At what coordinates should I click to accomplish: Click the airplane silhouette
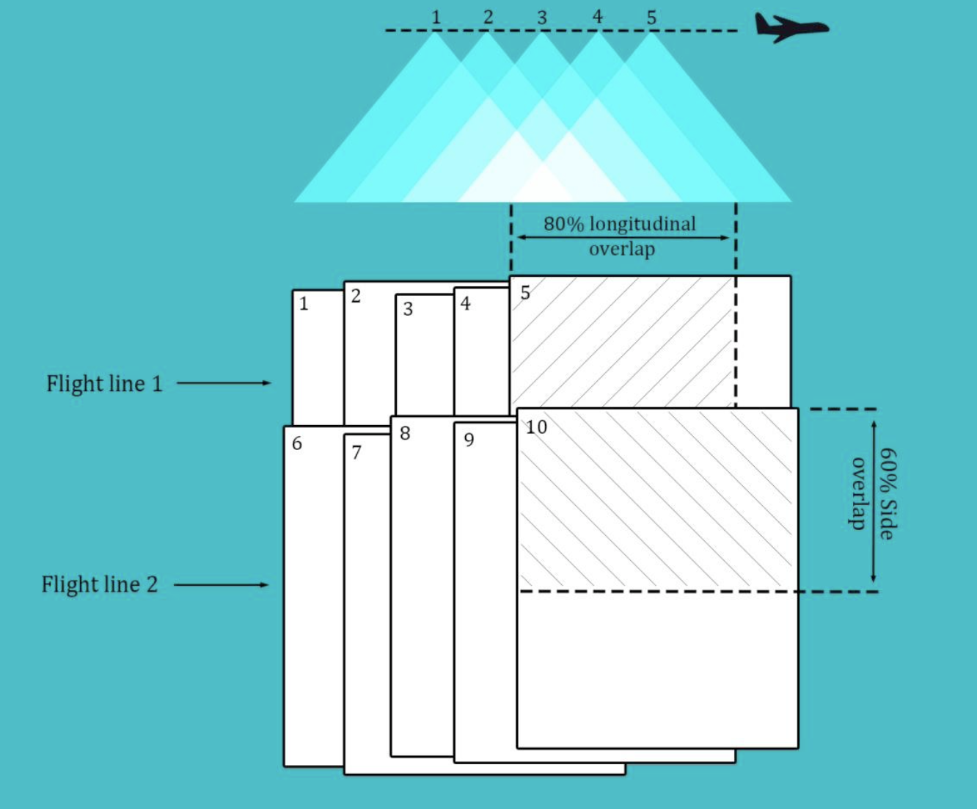[x=791, y=27]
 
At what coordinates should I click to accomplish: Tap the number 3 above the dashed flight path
[x=542, y=18]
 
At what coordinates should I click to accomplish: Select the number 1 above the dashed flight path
[x=436, y=18]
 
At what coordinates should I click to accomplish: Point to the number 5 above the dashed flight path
[x=651, y=18]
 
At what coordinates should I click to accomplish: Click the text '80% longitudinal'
[x=620, y=223]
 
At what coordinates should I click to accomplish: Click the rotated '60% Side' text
[x=888, y=494]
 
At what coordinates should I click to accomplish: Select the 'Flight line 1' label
[x=104, y=383]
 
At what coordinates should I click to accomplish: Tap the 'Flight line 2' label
[x=100, y=584]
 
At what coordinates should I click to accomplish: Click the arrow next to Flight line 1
[x=224, y=382]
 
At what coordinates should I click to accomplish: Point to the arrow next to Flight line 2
[x=221, y=584]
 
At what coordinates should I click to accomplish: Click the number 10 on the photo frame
[x=536, y=427]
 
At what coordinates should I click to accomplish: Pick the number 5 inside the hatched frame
[x=525, y=293]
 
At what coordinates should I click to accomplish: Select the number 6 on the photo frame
[x=296, y=443]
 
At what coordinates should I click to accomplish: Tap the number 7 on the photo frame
[x=356, y=452]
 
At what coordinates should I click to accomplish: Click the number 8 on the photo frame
[x=405, y=433]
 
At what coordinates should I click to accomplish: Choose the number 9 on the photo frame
[x=469, y=440]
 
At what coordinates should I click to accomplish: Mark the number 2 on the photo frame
[x=356, y=296]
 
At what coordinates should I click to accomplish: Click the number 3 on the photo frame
[x=408, y=309]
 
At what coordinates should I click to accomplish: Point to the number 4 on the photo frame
[x=465, y=303]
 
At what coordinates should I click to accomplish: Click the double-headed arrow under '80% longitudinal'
[x=623, y=238]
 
